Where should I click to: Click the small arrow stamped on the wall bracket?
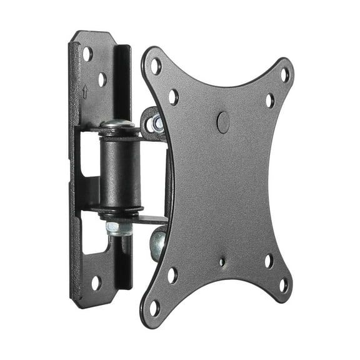(85, 92)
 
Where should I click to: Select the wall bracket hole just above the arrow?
(102, 79)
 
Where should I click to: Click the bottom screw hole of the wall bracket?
(96, 282)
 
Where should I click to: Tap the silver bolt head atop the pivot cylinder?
(119, 124)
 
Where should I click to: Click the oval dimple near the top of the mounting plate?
(222, 121)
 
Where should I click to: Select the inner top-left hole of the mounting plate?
(173, 97)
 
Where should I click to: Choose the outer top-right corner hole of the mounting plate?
(285, 74)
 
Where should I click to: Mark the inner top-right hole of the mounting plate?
(269, 100)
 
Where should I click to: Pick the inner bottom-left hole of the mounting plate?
(172, 275)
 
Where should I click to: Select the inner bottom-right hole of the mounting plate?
(268, 261)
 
